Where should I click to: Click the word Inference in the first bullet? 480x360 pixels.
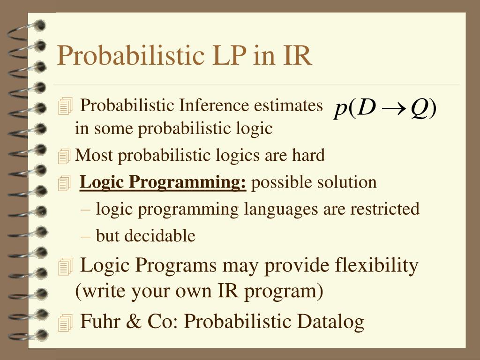point(214,105)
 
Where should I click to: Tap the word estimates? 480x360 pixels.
point(288,106)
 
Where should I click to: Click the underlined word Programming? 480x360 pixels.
point(187,182)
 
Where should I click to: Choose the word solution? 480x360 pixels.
point(347,182)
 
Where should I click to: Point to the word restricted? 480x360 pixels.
point(385,209)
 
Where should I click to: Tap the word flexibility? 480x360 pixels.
point(376,265)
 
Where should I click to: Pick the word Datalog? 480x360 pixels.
point(330,322)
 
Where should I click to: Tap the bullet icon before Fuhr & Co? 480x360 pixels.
point(65,322)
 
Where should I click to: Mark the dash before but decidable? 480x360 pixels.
point(85,237)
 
